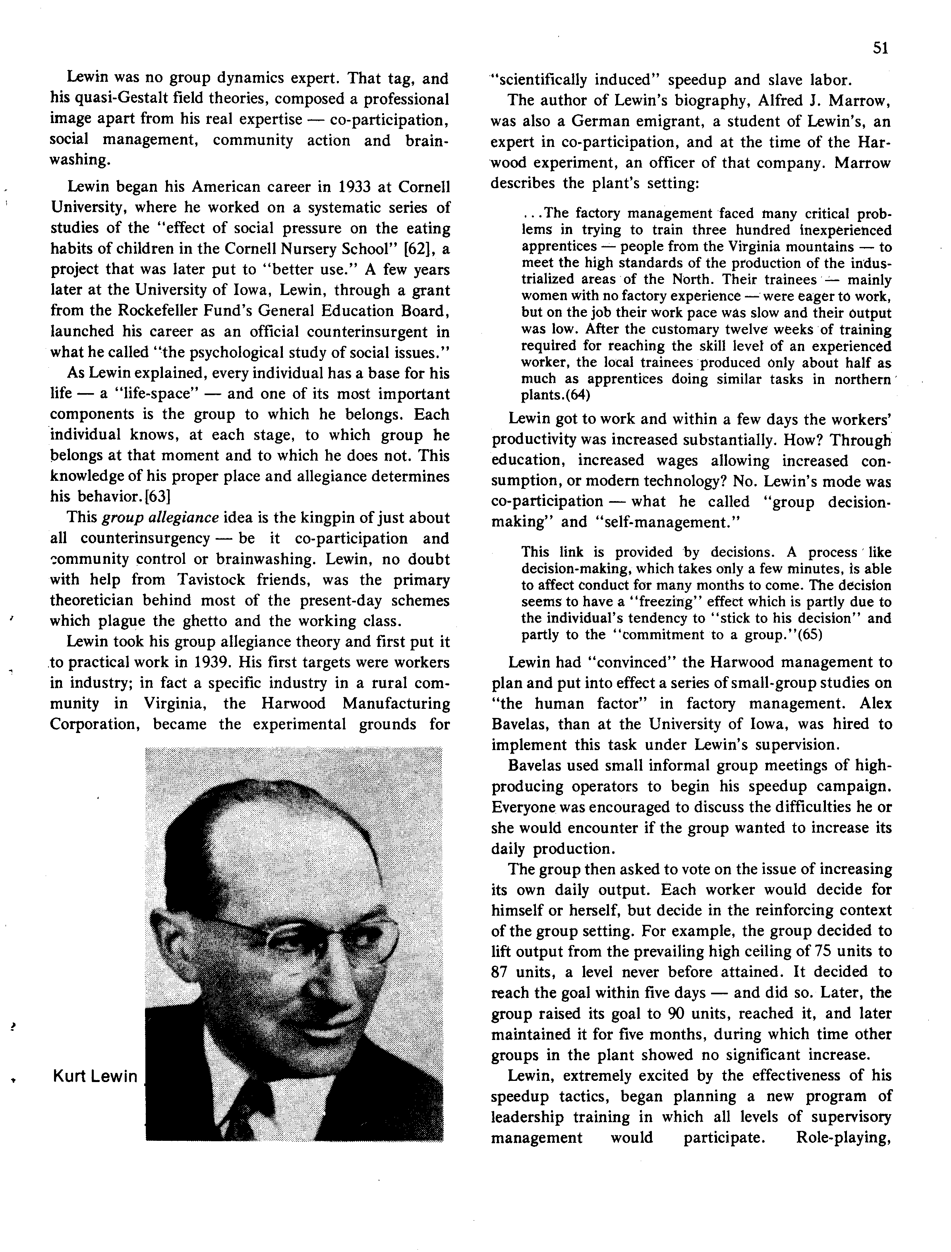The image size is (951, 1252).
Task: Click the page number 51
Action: [880, 49]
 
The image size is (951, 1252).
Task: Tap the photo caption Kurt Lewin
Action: [95, 1076]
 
